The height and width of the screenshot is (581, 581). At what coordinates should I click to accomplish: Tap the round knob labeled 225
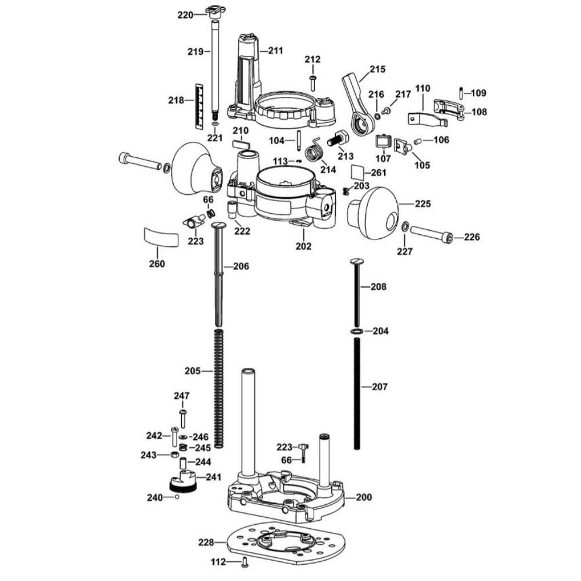pyautogui.click(x=375, y=211)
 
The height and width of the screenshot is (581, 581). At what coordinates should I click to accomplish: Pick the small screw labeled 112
pyautogui.click(x=245, y=561)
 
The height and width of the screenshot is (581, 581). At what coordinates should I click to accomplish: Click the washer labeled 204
pyautogui.click(x=357, y=331)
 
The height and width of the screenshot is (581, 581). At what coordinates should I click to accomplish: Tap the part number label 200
pyautogui.click(x=364, y=497)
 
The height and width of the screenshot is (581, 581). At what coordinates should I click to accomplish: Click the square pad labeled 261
pyautogui.click(x=358, y=173)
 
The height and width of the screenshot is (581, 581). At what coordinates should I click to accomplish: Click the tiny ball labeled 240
pyautogui.click(x=176, y=497)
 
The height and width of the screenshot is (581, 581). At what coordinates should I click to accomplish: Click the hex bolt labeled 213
pyautogui.click(x=338, y=139)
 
